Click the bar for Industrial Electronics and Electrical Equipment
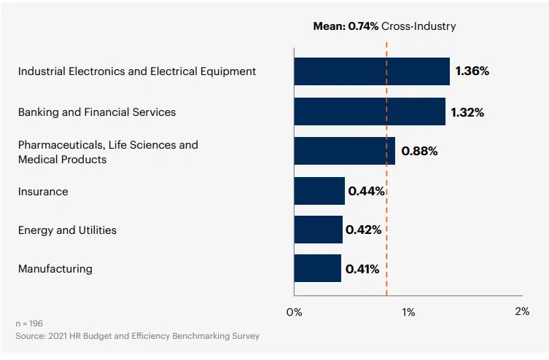click(x=372, y=71)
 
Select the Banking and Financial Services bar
click(x=370, y=112)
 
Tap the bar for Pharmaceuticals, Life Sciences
click(x=344, y=151)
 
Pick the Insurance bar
click(x=319, y=191)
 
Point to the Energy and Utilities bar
click(x=318, y=230)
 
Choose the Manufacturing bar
click(x=317, y=268)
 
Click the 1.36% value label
click(x=472, y=71)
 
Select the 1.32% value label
click(x=467, y=112)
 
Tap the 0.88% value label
click(x=419, y=152)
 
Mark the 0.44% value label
click(x=366, y=191)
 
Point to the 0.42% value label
click(x=364, y=230)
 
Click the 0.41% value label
click(x=362, y=269)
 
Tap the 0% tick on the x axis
click(x=294, y=312)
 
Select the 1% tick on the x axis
click(x=408, y=312)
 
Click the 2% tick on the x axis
click(x=522, y=311)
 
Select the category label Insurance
click(x=43, y=192)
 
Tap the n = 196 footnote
click(x=30, y=323)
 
